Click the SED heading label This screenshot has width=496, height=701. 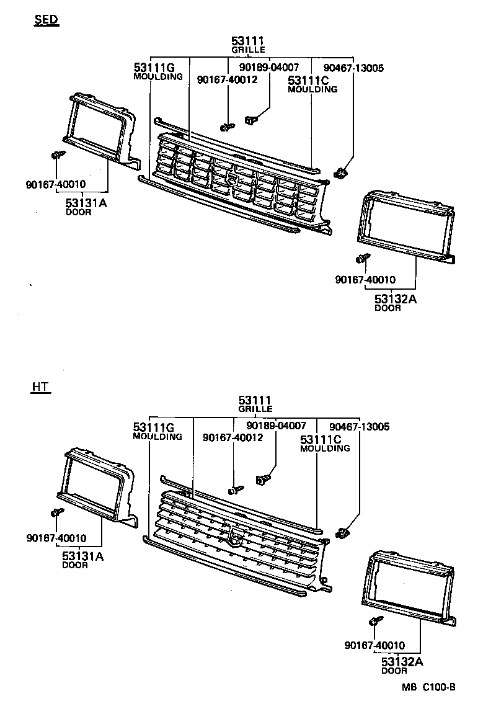click(x=46, y=20)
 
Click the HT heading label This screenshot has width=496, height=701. click(x=40, y=387)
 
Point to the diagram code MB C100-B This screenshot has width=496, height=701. click(x=428, y=687)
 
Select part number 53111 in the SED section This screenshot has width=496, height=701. click(x=248, y=41)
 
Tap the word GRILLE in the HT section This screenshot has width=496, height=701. click(x=255, y=409)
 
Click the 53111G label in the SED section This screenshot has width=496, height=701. click(x=154, y=68)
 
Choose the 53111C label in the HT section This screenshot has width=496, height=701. click(x=321, y=439)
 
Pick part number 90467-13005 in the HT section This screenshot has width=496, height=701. click(x=359, y=427)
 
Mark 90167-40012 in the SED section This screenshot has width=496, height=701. click(x=227, y=79)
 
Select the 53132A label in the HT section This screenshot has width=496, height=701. click(x=402, y=662)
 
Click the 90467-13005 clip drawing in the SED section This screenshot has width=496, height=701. click(x=340, y=173)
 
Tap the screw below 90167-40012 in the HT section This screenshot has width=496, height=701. click(x=234, y=490)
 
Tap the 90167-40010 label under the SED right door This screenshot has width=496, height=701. click(x=365, y=280)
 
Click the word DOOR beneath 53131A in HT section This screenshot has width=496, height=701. click(x=75, y=565)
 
